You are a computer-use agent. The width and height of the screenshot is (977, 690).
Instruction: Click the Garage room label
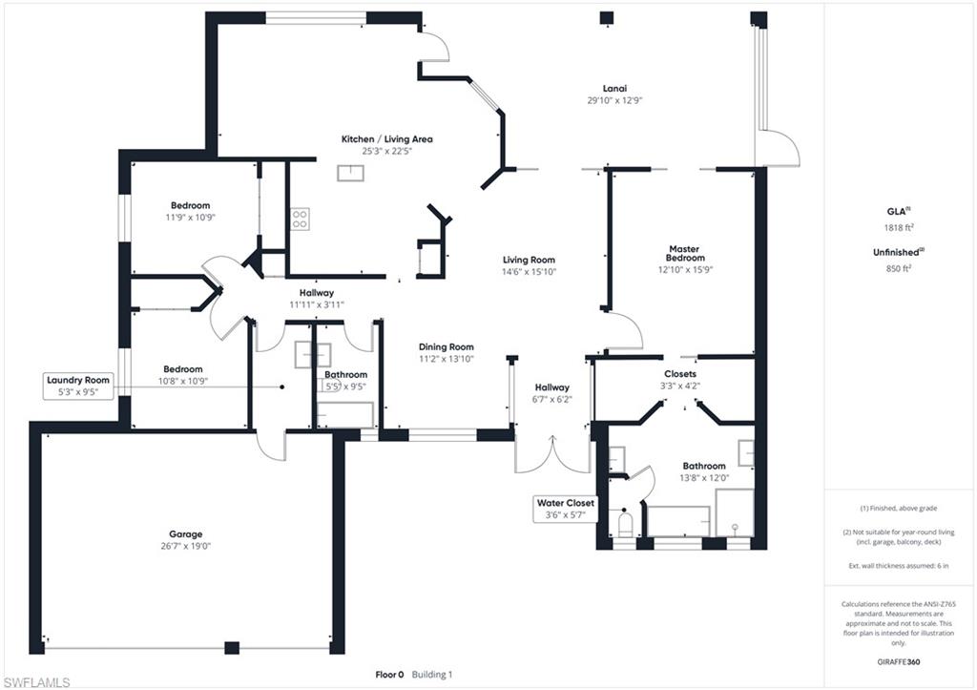[x=186, y=534]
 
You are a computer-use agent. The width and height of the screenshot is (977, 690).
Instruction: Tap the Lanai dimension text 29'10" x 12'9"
[x=614, y=100]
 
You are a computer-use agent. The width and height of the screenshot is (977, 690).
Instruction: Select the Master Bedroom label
[x=685, y=253]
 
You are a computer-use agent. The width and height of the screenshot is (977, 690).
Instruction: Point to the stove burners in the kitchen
[x=300, y=219]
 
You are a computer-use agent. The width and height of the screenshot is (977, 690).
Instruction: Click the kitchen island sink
[x=351, y=173]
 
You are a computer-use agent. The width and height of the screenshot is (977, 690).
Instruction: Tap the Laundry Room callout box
[x=78, y=386]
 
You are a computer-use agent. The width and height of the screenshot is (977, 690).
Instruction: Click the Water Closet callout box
[x=565, y=509]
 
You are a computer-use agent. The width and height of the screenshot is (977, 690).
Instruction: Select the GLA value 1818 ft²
[x=899, y=227]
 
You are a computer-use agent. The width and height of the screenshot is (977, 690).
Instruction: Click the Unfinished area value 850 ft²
[x=899, y=268]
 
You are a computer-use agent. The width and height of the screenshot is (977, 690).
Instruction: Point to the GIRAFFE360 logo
[x=898, y=662]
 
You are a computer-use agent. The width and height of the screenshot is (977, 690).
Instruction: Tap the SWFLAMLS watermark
[x=36, y=682]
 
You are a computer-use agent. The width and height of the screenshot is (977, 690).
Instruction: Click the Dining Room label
[x=447, y=347]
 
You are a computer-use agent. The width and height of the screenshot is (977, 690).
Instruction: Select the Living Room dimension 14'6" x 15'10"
[x=529, y=272]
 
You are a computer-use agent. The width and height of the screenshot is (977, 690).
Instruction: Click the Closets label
[x=679, y=374]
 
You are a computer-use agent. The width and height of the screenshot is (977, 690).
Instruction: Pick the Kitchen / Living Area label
[x=387, y=139]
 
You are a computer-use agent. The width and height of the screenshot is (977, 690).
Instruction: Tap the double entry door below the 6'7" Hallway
[x=552, y=453]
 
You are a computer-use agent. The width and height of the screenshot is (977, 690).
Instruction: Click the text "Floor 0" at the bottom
[x=389, y=675]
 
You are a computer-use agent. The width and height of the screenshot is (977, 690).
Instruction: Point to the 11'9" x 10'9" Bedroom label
[x=191, y=206]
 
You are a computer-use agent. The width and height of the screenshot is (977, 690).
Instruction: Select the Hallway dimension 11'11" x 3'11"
[x=317, y=304]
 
